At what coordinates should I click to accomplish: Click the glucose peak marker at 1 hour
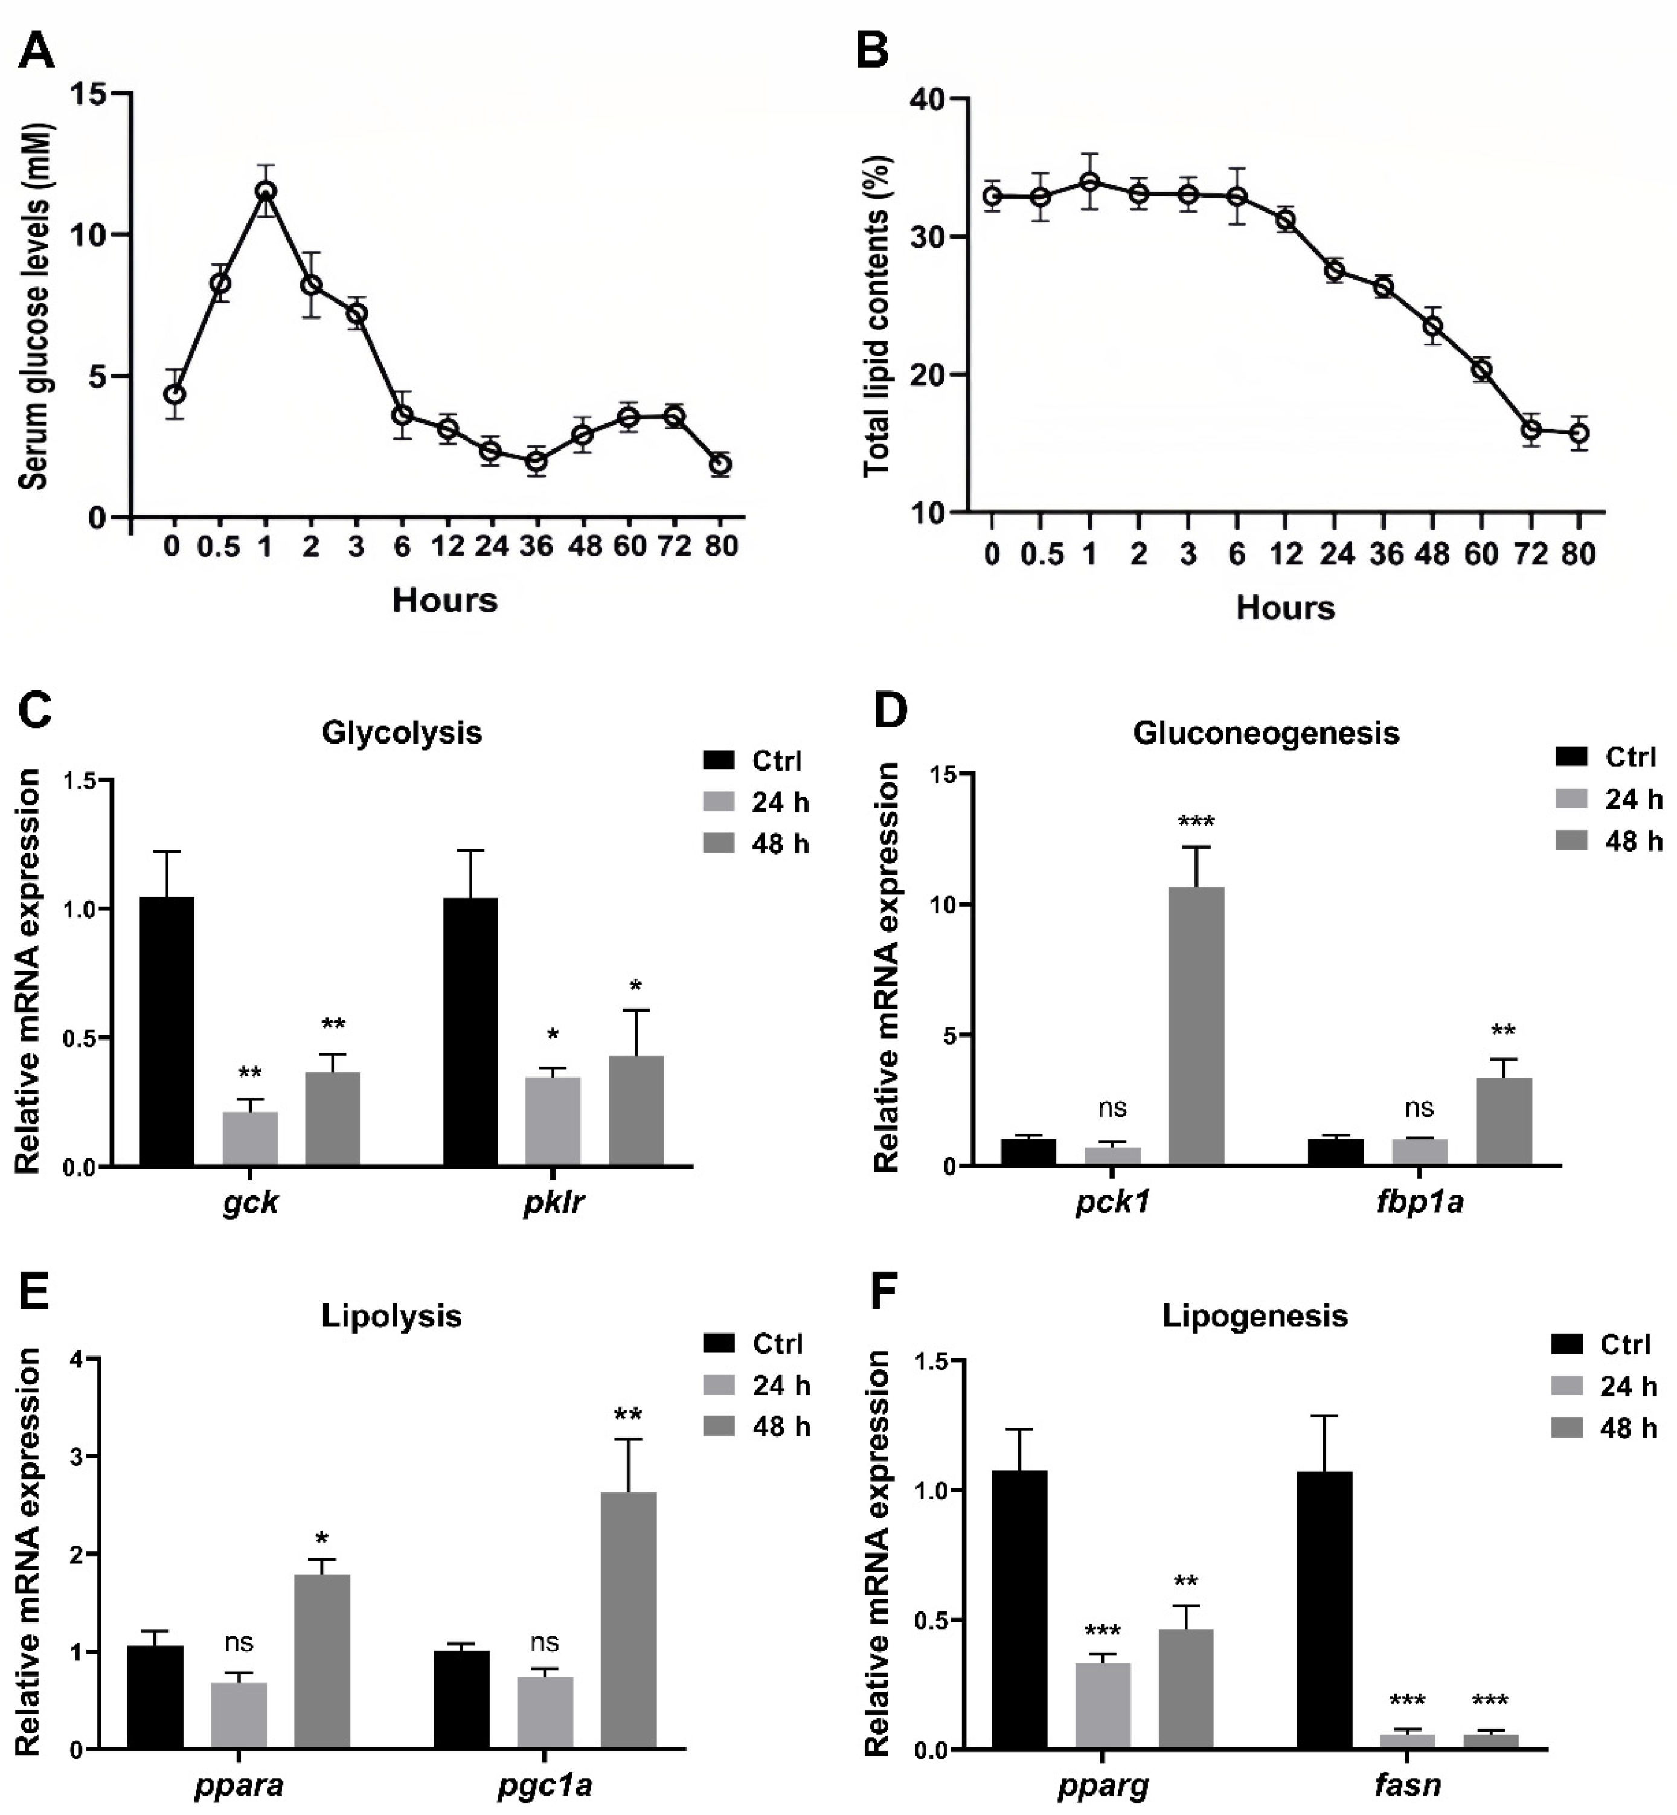point(265,191)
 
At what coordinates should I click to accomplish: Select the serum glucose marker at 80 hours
point(720,464)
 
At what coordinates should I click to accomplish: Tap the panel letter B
point(873,51)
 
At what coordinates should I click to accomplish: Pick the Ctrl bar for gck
point(166,1030)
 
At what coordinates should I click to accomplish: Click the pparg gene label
point(1103,1786)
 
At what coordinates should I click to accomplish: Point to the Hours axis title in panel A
point(444,600)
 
